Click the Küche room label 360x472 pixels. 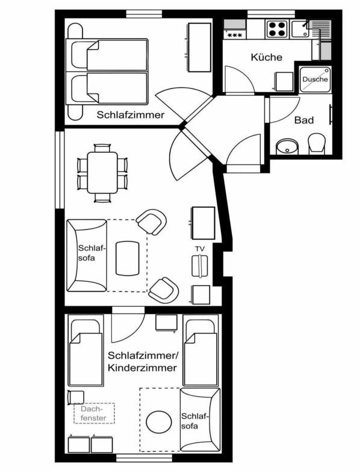pyautogui.click(x=266, y=57)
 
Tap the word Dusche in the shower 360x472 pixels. pyautogui.click(x=315, y=79)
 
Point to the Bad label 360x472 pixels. pyautogui.click(x=303, y=120)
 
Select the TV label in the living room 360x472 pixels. pyautogui.click(x=200, y=249)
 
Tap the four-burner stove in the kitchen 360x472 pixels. pyautogui.click(x=277, y=29)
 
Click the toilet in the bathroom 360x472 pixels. pyautogui.click(x=317, y=143)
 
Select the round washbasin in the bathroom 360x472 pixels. pyautogui.click(x=287, y=147)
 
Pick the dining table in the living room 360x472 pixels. pyautogui.click(x=102, y=173)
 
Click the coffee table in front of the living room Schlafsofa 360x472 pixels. pyautogui.click(x=128, y=258)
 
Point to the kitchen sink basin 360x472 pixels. pyautogui.click(x=300, y=29)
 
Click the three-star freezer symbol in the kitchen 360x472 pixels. pyautogui.click(x=235, y=35)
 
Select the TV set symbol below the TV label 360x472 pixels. pyautogui.click(x=200, y=266)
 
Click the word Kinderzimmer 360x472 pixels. pyautogui.click(x=142, y=367)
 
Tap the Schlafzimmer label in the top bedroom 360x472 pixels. pyautogui.click(x=131, y=114)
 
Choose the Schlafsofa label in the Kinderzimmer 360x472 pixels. pyautogui.click(x=194, y=421)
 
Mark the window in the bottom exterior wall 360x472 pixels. pyautogui.click(x=144, y=458)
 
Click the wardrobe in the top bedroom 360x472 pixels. pyautogui.click(x=200, y=47)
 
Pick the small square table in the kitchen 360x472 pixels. pyautogui.click(x=285, y=82)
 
